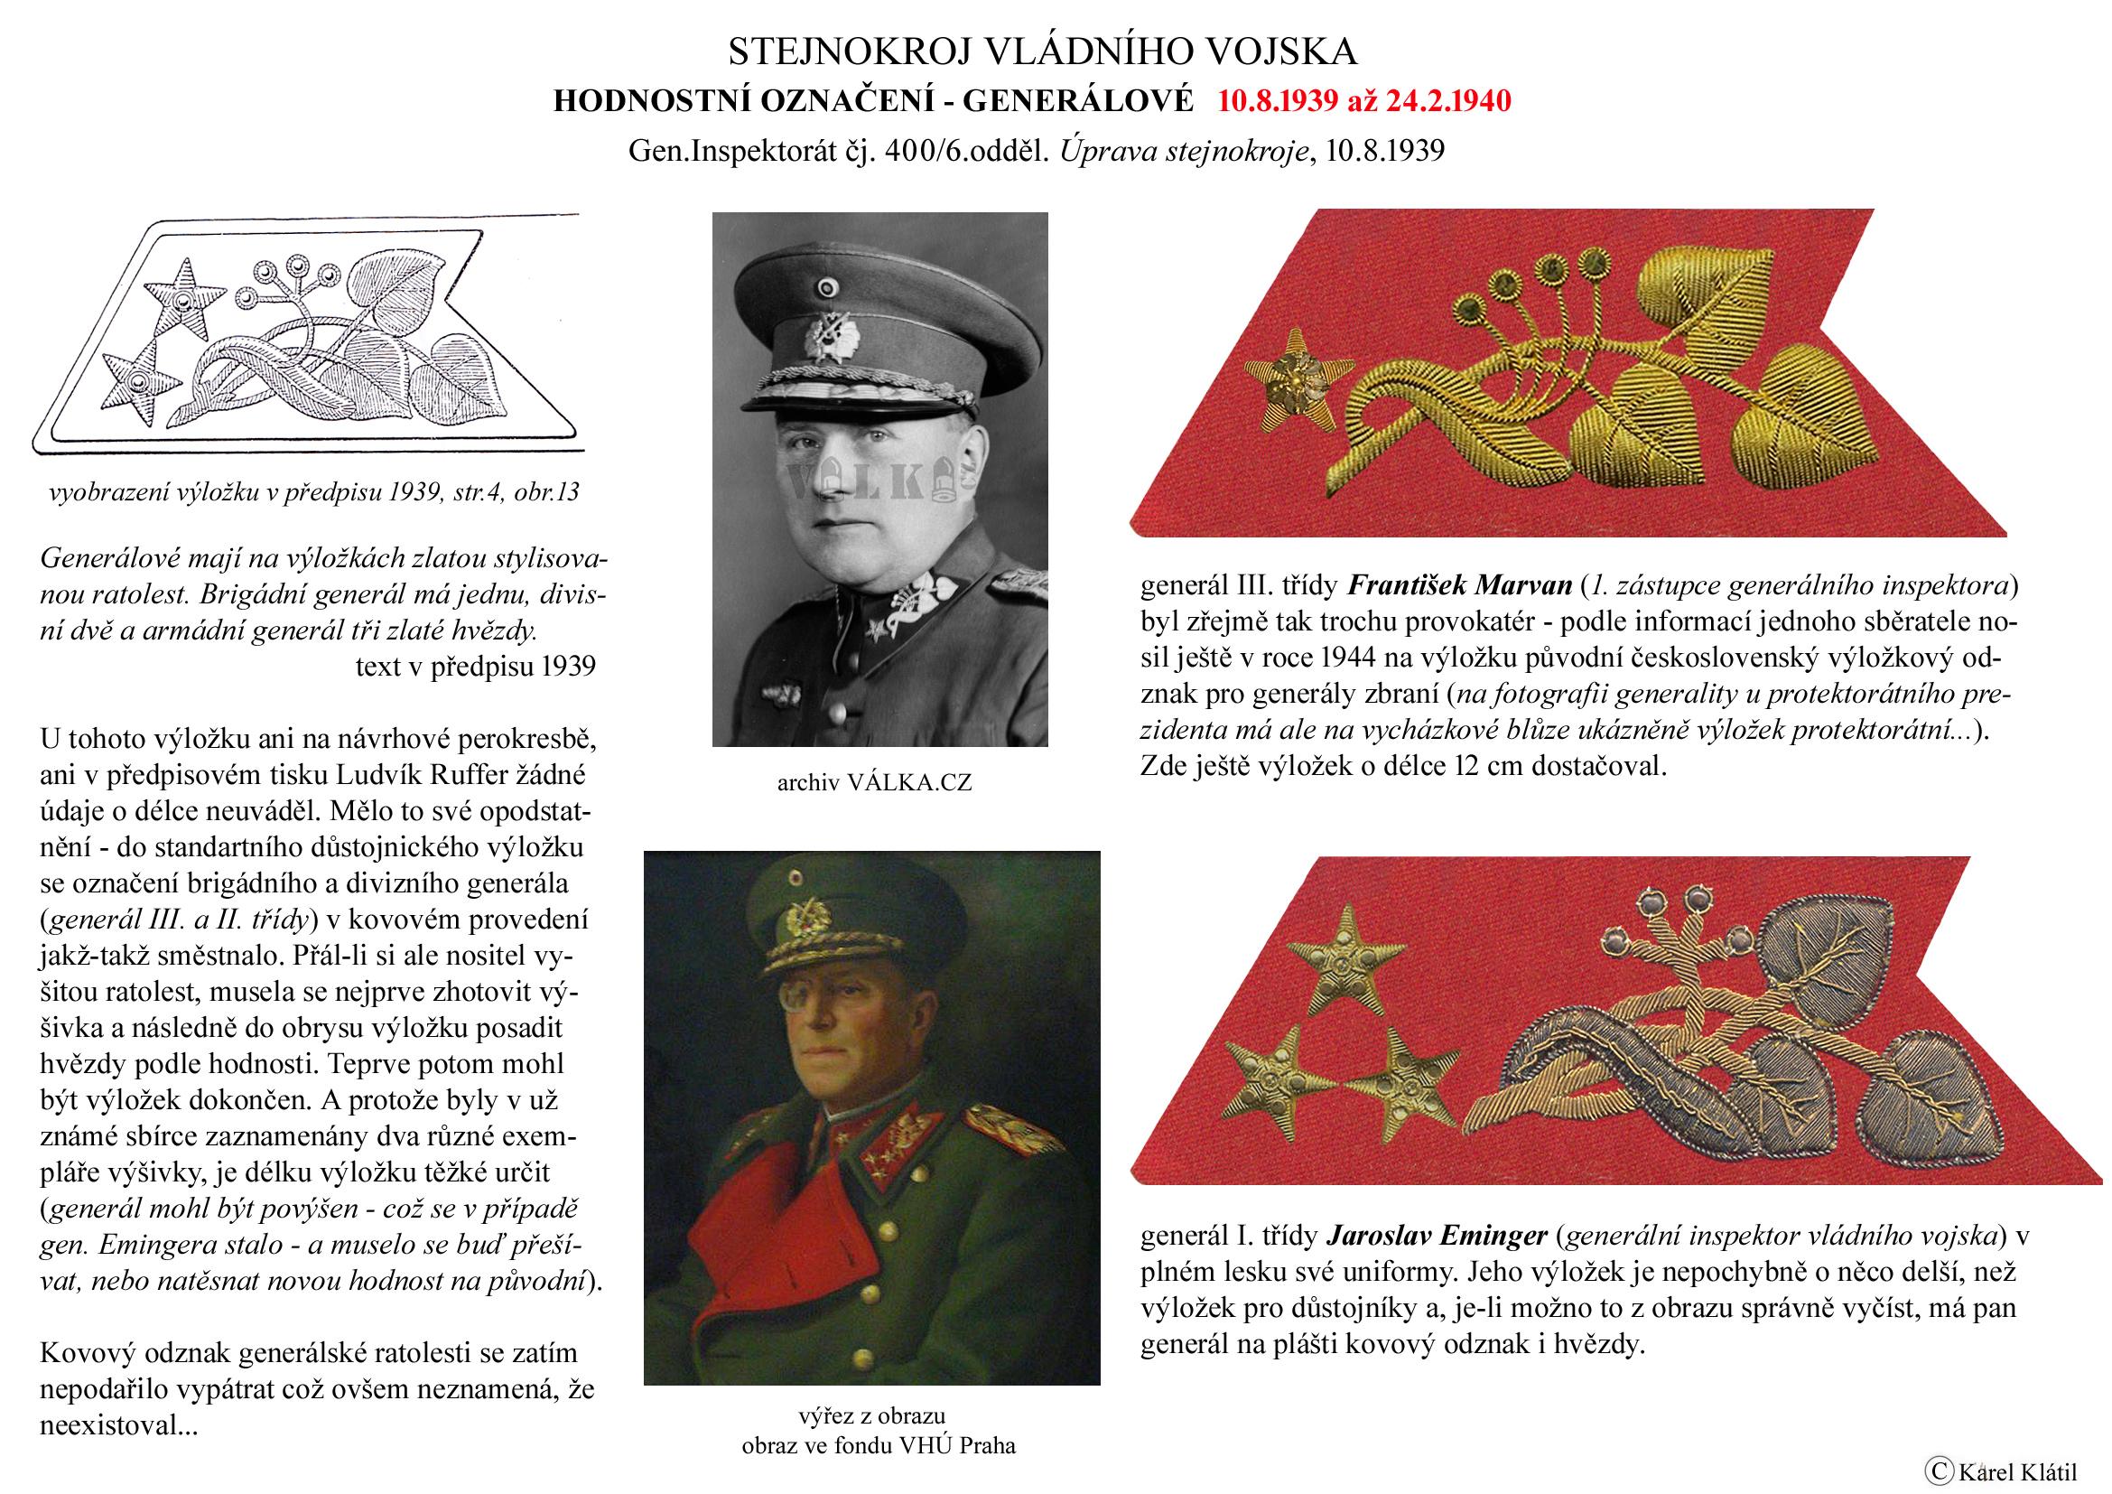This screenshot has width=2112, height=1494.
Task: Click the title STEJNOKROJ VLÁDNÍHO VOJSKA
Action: [x=1042, y=51]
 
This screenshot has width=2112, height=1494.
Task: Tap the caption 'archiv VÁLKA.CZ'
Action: [x=874, y=783]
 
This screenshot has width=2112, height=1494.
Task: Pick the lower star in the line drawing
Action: [x=137, y=381]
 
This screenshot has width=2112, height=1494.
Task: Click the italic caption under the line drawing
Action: [x=313, y=493]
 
